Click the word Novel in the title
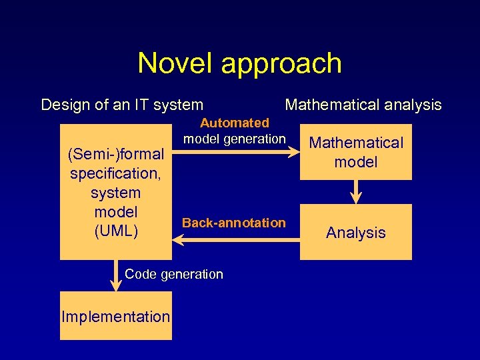click(x=176, y=64)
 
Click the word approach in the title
click(x=281, y=64)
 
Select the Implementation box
click(x=116, y=317)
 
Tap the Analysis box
click(x=355, y=233)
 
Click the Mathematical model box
click(x=355, y=152)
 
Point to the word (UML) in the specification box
click(x=116, y=231)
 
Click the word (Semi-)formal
click(x=116, y=155)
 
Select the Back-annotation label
click(x=233, y=223)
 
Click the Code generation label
click(x=174, y=274)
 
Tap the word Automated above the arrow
click(x=235, y=123)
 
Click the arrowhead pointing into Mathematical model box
click(x=294, y=153)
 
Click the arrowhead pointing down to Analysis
click(x=356, y=197)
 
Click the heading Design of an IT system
click(x=122, y=105)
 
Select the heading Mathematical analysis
click(x=363, y=105)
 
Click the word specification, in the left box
click(x=116, y=173)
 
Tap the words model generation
click(x=234, y=139)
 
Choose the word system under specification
click(x=116, y=193)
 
